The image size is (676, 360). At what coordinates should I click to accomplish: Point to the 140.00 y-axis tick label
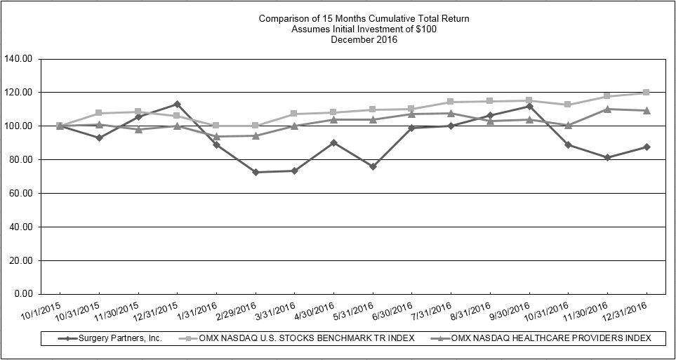click(18, 59)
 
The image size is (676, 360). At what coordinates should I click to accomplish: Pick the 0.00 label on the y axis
click(23, 294)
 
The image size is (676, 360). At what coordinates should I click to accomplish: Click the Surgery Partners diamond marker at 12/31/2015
click(177, 104)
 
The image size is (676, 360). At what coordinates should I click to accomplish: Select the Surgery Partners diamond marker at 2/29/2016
click(256, 172)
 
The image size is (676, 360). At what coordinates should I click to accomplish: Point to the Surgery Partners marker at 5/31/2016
click(373, 166)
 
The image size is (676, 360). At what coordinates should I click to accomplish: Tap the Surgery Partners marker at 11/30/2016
click(607, 157)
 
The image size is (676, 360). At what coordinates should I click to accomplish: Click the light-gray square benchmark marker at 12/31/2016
click(646, 93)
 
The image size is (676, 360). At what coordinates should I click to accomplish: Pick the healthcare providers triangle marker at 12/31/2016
click(646, 110)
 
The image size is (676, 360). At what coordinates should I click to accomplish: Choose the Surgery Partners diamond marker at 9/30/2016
click(529, 106)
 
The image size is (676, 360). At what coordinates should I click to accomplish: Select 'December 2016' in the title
click(363, 39)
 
